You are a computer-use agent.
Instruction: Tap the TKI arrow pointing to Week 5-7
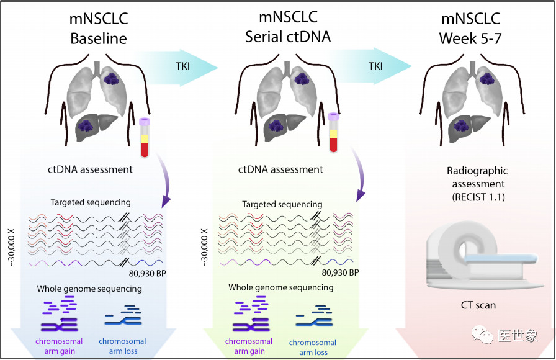(370, 66)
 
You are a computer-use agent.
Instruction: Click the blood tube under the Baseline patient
(145, 137)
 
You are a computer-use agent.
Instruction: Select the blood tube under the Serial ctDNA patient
(333, 132)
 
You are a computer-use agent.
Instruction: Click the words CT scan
(478, 305)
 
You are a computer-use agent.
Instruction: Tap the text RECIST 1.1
(478, 197)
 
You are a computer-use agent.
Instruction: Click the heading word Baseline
(99, 38)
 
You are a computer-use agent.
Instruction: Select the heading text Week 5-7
(470, 38)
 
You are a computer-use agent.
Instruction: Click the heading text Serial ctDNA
(288, 37)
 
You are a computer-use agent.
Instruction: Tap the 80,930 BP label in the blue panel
(148, 274)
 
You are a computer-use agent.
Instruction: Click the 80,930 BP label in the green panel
(340, 272)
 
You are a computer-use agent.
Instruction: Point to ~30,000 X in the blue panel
(12, 247)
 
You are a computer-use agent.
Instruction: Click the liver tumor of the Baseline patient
(86, 125)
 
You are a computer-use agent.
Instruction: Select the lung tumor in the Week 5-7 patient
(487, 79)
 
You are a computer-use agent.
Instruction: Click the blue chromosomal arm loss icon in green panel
(314, 317)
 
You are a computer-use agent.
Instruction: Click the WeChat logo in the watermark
(482, 335)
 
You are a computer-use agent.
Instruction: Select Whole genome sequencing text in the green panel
(281, 287)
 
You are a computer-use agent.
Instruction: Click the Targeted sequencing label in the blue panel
(91, 202)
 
